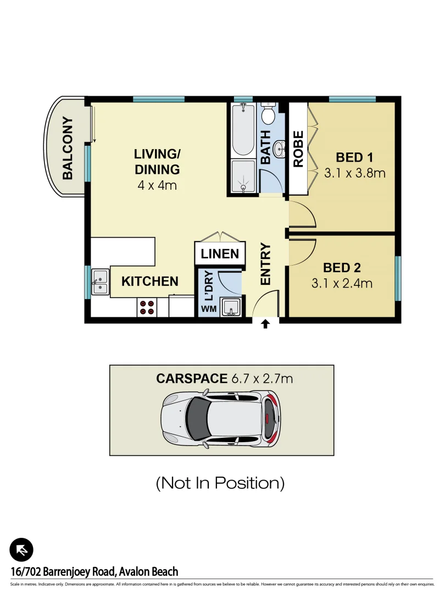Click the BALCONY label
tap(68, 148)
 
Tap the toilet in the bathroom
tap(268, 114)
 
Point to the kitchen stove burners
tap(147, 307)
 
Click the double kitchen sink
tap(99, 282)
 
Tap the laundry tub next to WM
tap(231, 307)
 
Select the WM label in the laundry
tap(208, 309)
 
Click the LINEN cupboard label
tap(220, 254)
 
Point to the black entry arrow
tap(265, 324)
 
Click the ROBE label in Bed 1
tap(298, 149)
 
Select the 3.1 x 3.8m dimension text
tap(354, 173)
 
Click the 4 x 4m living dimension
tap(157, 185)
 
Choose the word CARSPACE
tap(192, 378)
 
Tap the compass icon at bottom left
tap(21, 549)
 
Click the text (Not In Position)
tap(220, 483)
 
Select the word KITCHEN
tap(149, 282)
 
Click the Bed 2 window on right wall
tap(398, 278)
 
